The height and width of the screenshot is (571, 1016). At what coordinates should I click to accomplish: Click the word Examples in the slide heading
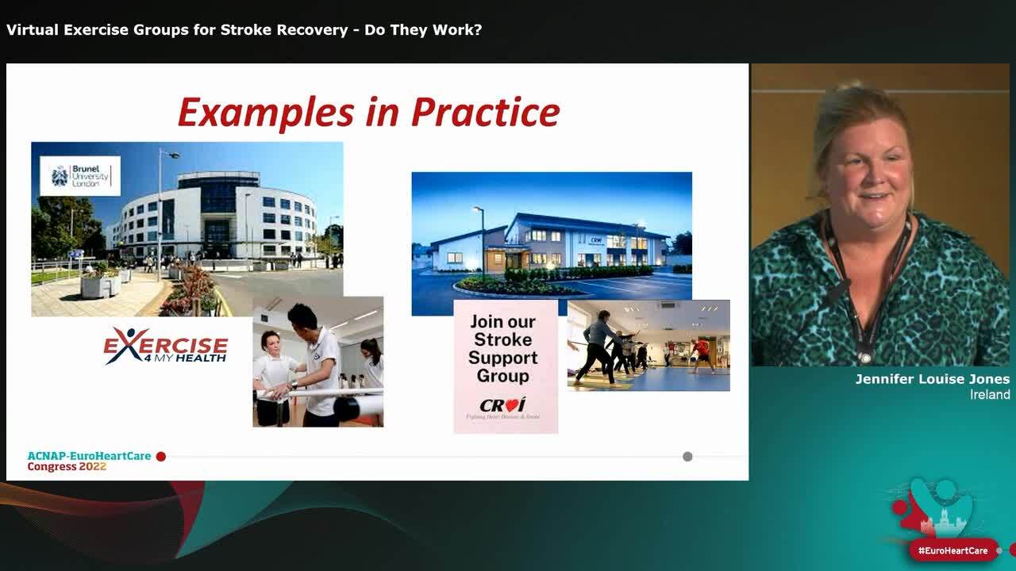(262, 113)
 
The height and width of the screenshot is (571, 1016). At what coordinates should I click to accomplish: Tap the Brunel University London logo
(80, 176)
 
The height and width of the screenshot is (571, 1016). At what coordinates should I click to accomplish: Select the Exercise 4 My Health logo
(166, 346)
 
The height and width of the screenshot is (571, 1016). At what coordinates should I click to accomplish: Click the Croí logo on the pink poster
(502, 404)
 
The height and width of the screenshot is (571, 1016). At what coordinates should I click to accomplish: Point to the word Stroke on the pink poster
(503, 339)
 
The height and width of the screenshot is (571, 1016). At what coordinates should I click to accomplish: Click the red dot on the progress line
(161, 457)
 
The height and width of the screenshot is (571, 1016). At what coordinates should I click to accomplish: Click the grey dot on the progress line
(687, 457)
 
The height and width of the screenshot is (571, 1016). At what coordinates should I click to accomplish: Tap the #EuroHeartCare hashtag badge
(952, 550)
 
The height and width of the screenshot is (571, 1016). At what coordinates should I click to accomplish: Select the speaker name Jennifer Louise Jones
(932, 380)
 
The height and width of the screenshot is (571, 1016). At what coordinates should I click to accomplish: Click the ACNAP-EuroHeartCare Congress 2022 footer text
(89, 462)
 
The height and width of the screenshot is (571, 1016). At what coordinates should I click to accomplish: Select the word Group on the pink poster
(503, 376)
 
